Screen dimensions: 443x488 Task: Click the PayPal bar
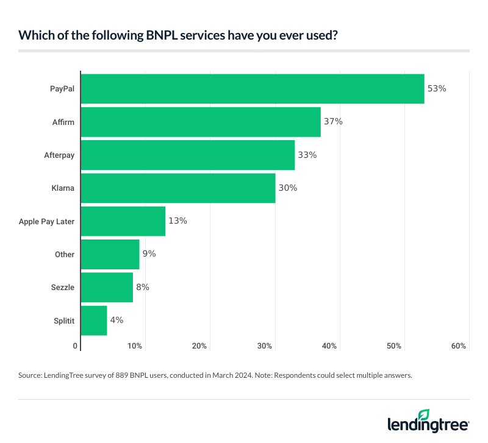(x=253, y=89)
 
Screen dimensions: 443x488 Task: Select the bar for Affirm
(x=201, y=122)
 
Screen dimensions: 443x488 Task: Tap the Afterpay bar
(x=188, y=155)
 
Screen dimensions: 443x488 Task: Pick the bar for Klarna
(x=178, y=188)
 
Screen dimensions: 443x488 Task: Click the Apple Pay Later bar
(x=123, y=221)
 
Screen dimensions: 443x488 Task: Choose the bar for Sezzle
(x=107, y=287)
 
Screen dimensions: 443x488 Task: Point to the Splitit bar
(x=94, y=320)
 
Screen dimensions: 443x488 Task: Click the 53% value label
(x=437, y=89)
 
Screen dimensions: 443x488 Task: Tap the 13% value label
(x=178, y=221)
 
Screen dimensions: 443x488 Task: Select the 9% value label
(x=149, y=254)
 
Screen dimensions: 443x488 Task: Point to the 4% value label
(x=117, y=320)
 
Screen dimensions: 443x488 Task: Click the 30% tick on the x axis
(x=264, y=346)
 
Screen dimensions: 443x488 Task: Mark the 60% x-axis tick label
(x=459, y=346)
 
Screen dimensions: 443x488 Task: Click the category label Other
(x=64, y=254)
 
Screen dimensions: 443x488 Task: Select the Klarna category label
(x=63, y=188)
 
